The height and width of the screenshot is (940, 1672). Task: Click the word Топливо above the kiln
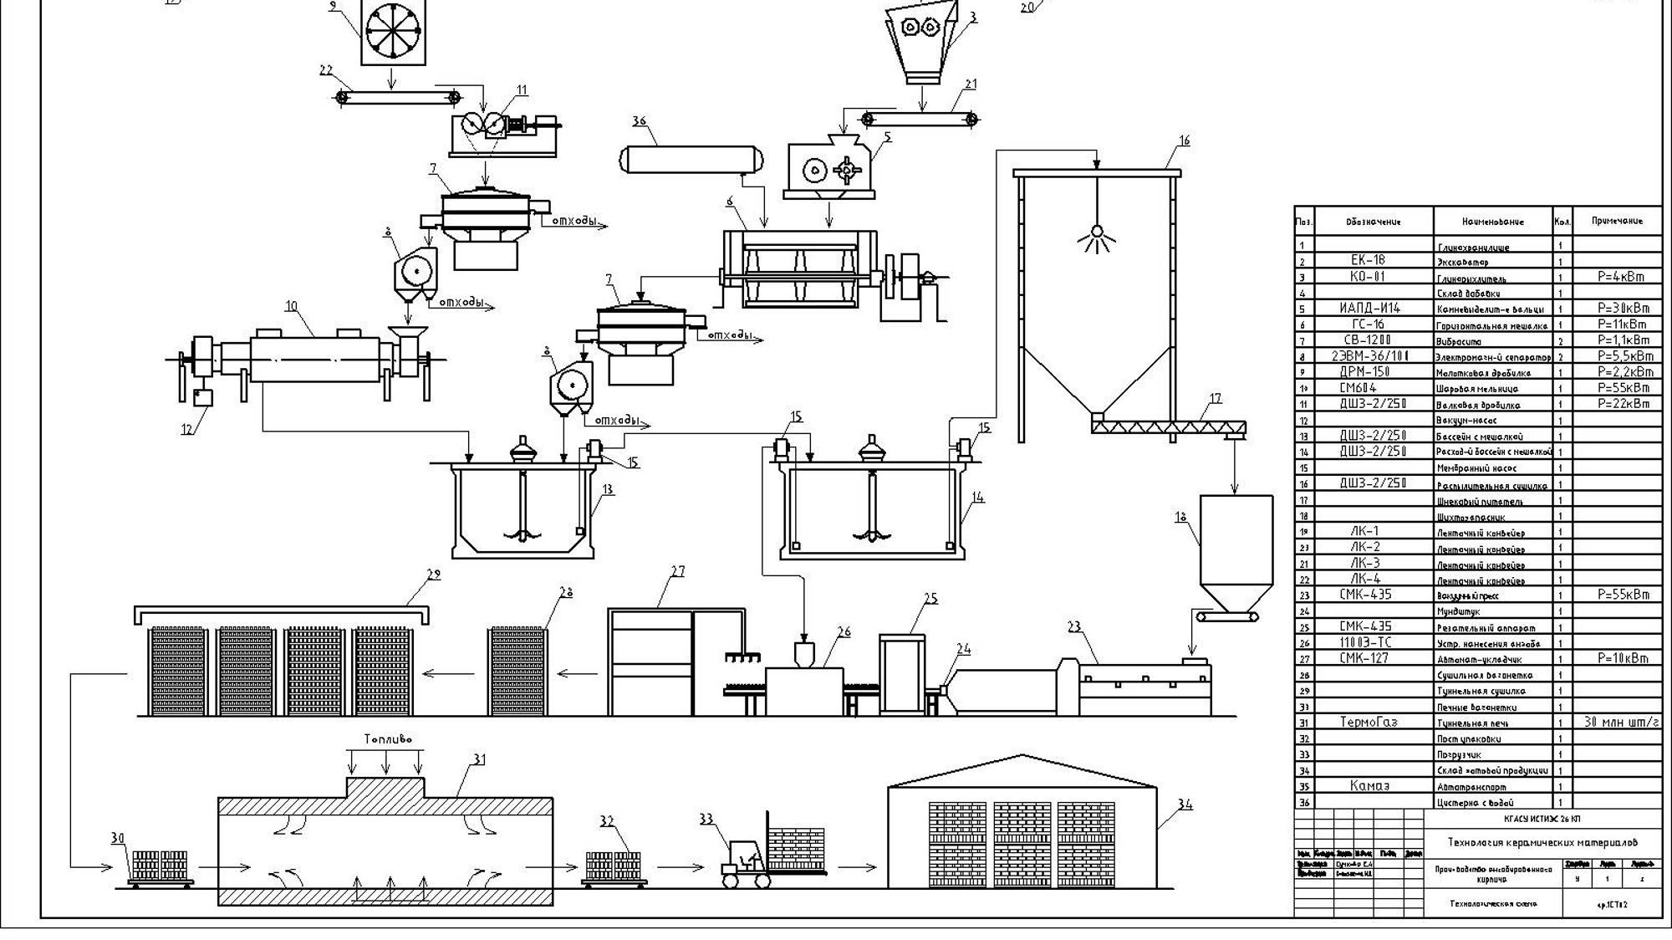coord(388,739)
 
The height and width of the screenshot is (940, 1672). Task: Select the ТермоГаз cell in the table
coord(1369,722)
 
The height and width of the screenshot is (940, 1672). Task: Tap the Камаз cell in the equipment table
coord(1369,786)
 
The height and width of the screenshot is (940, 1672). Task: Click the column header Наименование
coord(1492,222)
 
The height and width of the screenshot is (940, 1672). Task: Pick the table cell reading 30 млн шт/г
coord(1620,722)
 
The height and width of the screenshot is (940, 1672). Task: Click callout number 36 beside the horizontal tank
coord(640,121)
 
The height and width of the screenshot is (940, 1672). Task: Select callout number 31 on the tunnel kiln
coord(478,759)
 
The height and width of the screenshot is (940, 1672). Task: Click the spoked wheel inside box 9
coord(393,31)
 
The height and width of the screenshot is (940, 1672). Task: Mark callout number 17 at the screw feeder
coord(1215,398)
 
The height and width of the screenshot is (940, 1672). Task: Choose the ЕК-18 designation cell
coord(1368,260)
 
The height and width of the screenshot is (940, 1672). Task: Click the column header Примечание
coord(1617,222)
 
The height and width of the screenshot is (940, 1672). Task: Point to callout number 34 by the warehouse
coord(1185,805)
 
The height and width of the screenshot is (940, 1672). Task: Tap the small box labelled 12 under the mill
coord(202,397)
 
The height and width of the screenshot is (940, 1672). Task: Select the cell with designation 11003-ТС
coord(1365,642)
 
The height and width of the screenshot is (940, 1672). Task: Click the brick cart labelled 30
coord(161,867)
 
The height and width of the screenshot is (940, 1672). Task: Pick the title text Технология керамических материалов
coord(1542,842)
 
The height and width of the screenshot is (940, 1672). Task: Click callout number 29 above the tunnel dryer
coord(433,575)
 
